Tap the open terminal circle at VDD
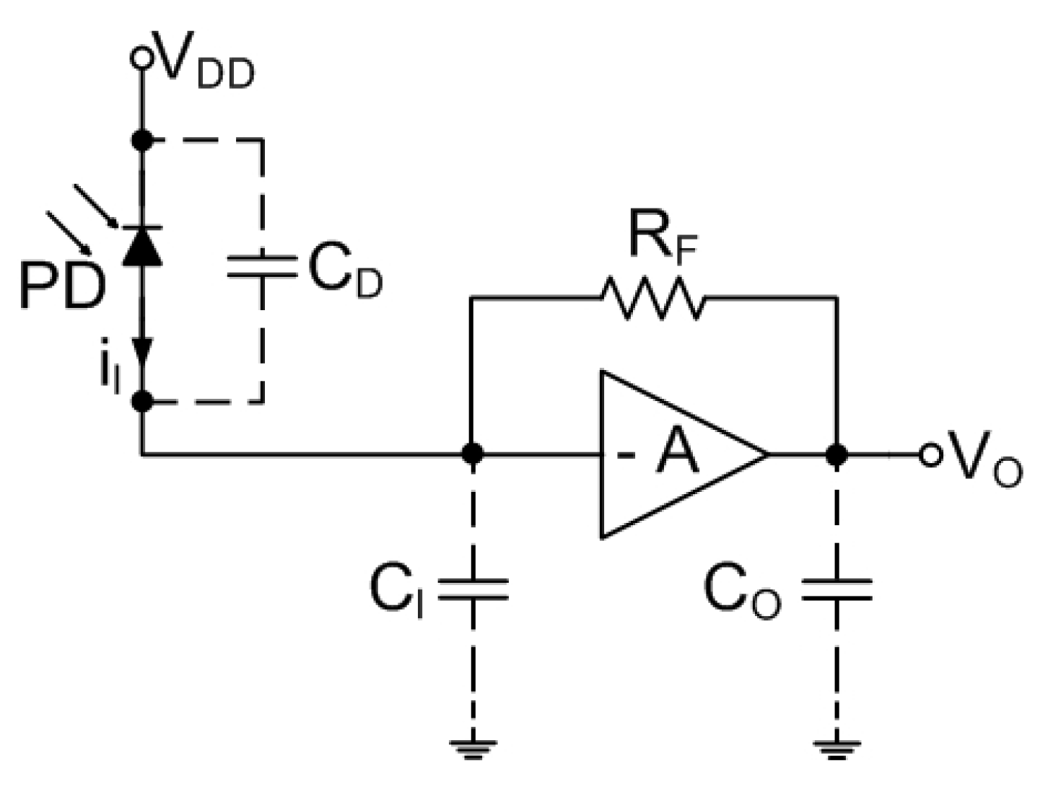pyautogui.click(x=142, y=58)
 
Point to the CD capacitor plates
pyautogui.click(x=262, y=266)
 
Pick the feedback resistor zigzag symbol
pyautogui.click(x=652, y=296)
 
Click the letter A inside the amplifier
pyautogui.click(x=677, y=454)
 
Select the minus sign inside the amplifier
pyautogui.click(x=622, y=455)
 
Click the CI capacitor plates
pyautogui.click(x=473, y=588)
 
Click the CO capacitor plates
pyautogui.click(x=836, y=589)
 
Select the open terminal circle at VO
pyautogui.click(x=930, y=454)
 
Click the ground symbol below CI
pyautogui.click(x=473, y=748)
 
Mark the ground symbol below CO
pyautogui.click(x=836, y=748)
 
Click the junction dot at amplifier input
pyautogui.click(x=472, y=454)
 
